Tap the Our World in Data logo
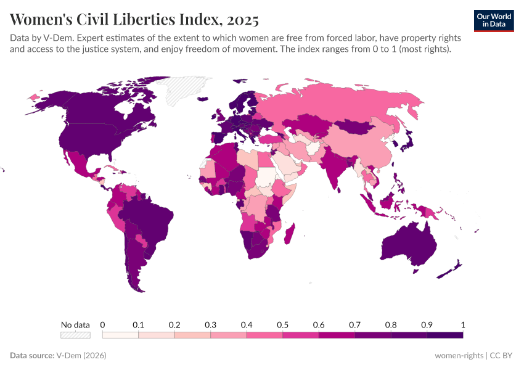coord(494,20)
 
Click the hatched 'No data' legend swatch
coord(75,335)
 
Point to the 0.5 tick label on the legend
coord(283,324)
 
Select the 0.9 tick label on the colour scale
coord(427,324)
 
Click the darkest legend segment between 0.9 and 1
coord(444,335)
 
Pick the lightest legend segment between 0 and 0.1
coord(120,335)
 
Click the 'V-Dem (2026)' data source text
coord(81,355)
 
